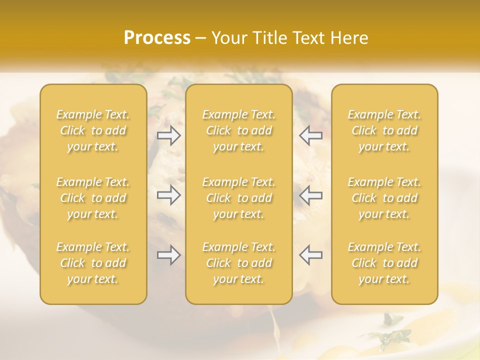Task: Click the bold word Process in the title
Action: tap(157, 38)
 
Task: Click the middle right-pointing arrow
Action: tap(169, 195)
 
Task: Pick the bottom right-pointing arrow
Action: tap(169, 255)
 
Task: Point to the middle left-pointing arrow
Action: tap(310, 195)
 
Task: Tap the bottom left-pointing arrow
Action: tap(310, 255)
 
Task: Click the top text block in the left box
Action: tap(93, 130)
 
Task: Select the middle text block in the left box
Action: tap(93, 198)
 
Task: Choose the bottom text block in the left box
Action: tap(93, 263)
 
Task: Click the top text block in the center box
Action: tap(239, 130)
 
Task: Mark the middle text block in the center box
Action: tap(239, 198)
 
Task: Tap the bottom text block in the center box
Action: tap(239, 263)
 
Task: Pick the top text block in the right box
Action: tap(384, 130)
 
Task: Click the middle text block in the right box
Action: tap(384, 198)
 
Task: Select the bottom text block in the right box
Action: tap(384, 263)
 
